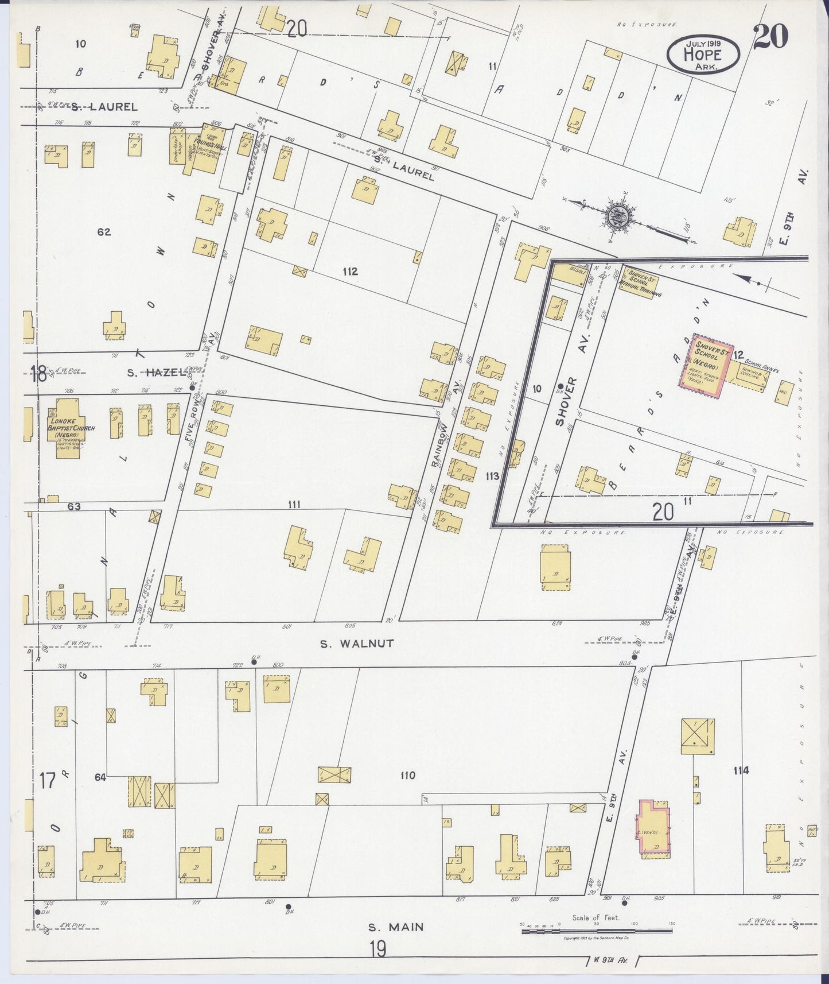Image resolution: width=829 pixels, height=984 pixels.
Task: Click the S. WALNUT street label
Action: coord(357,644)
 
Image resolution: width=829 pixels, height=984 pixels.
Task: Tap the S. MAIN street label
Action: coord(396,927)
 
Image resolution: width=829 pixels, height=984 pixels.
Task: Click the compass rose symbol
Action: coord(618,216)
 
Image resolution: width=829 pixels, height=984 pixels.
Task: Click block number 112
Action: coord(350,272)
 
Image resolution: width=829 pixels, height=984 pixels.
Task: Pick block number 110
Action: coord(407,776)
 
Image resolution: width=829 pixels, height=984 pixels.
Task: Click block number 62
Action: coord(104,232)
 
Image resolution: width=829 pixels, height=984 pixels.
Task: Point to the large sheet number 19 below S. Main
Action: coord(377,950)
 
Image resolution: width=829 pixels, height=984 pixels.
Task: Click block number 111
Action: coord(294,504)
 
